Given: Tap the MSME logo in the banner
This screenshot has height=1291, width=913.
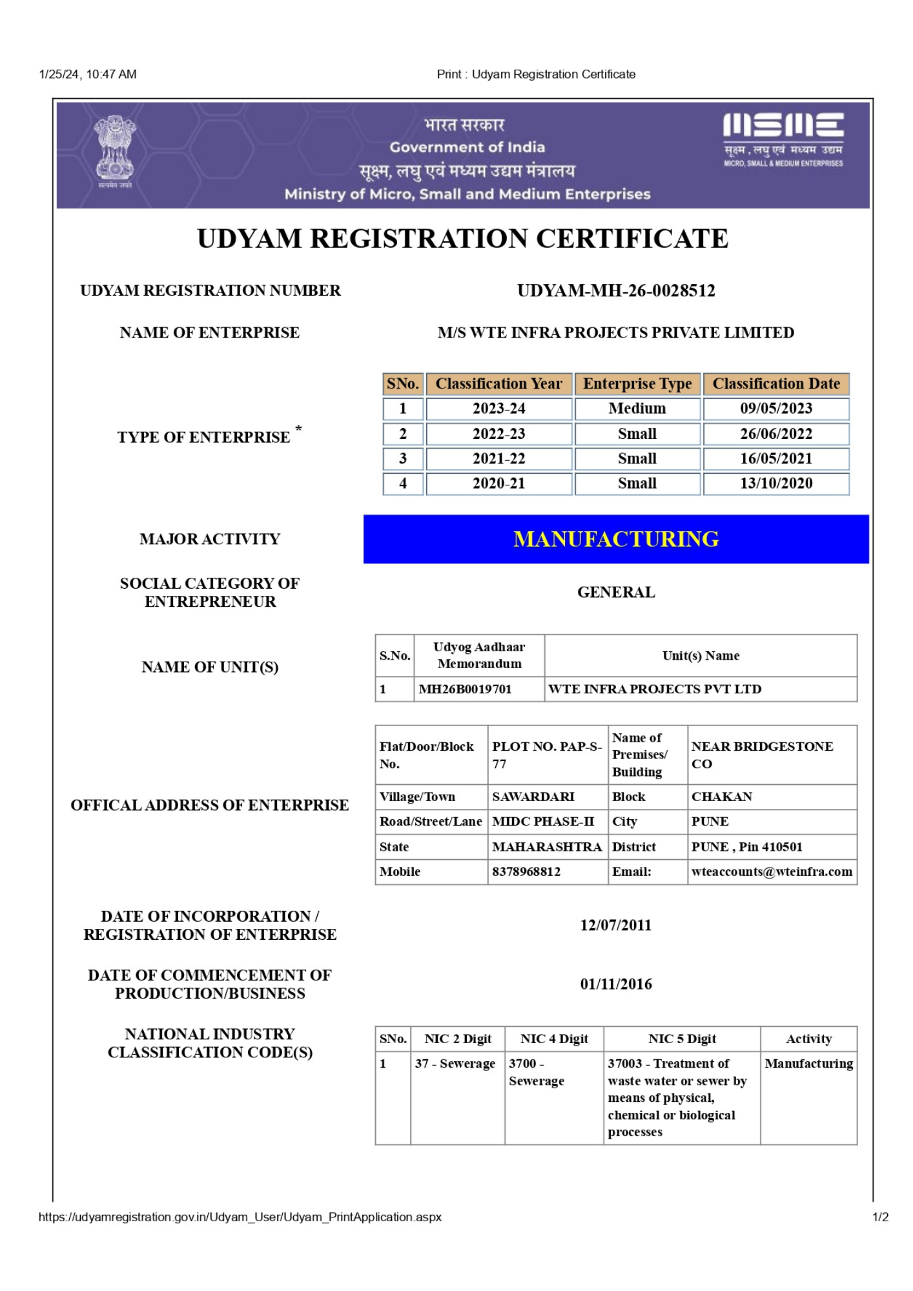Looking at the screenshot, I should click(x=783, y=140).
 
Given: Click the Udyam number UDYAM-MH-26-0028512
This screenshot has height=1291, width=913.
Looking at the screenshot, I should click(x=616, y=291).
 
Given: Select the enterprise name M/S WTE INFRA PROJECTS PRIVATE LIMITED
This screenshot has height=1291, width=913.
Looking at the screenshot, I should click(x=616, y=333).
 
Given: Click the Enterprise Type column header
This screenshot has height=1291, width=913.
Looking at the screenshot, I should click(x=637, y=384).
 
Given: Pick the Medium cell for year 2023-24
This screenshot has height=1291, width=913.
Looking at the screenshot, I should click(x=637, y=409).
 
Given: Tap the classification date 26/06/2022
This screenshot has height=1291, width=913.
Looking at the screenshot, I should click(x=776, y=434).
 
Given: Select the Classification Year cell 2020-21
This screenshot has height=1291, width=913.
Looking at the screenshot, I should click(x=498, y=483).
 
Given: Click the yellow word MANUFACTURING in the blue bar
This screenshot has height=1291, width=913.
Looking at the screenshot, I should click(x=616, y=539).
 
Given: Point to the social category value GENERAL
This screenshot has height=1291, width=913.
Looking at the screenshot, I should click(x=616, y=593).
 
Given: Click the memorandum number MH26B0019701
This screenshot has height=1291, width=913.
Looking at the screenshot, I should click(x=465, y=689).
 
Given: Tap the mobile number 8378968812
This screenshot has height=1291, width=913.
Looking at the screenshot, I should click(x=526, y=872).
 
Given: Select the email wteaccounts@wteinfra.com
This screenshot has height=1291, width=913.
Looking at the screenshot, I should click(x=772, y=872).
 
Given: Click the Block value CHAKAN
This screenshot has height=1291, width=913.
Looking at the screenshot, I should click(x=722, y=797).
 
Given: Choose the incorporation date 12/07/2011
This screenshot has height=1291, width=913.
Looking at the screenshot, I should click(x=616, y=926).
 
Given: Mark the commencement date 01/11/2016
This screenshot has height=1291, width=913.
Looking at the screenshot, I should click(x=616, y=984).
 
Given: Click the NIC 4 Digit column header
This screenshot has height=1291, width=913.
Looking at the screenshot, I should click(x=554, y=1039).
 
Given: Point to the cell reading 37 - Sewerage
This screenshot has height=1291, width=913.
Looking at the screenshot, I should click(x=455, y=1064).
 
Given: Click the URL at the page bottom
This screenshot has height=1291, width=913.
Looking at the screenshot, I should click(x=240, y=1217).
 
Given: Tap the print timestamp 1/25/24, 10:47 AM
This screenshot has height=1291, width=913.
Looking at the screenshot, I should click(x=88, y=74).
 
